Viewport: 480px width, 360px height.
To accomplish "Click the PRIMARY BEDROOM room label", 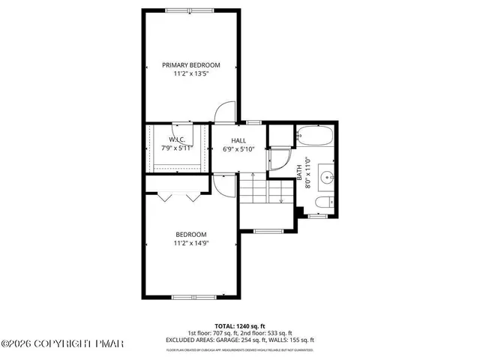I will pyautogui.click(x=190, y=65).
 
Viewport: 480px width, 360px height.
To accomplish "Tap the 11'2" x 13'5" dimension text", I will pyautogui.click(x=190, y=74).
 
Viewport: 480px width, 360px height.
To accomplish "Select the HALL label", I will pyautogui.click(x=238, y=140).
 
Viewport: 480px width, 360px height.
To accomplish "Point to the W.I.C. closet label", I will pyautogui.click(x=177, y=139).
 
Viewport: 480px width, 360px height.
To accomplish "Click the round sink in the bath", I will pyautogui.click(x=326, y=178).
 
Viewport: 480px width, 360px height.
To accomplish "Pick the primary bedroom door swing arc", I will pyautogui.click(x=224, y=113).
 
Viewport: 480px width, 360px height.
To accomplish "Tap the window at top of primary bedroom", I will pyautogui.click(x=192, y=10).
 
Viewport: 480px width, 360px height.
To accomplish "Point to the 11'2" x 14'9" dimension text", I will pyautogui.click(x=190, y=242).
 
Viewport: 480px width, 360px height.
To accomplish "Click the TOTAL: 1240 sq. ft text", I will pyautogui.click(x=239, y=325).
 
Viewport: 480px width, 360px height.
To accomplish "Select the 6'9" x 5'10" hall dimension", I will pyautogui.click(x=238, y=149).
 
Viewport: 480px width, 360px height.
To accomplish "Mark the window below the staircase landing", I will pyautogui.click(x=267, y=230).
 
